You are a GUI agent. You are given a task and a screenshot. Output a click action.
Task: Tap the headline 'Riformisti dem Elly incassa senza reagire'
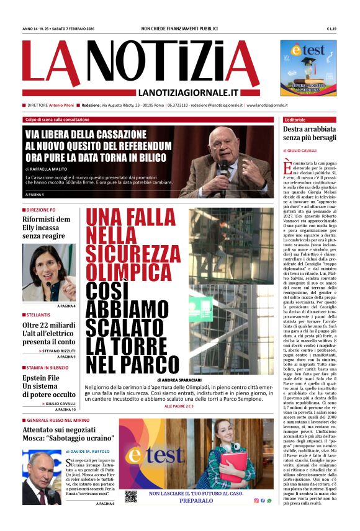tap(47, 228)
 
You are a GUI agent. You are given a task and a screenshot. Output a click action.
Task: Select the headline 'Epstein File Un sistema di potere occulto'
tap(49, 386)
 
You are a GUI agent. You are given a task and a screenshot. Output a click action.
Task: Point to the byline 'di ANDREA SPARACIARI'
tap(179, 379)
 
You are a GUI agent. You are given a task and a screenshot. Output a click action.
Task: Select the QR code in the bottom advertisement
tap(130, 496)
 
